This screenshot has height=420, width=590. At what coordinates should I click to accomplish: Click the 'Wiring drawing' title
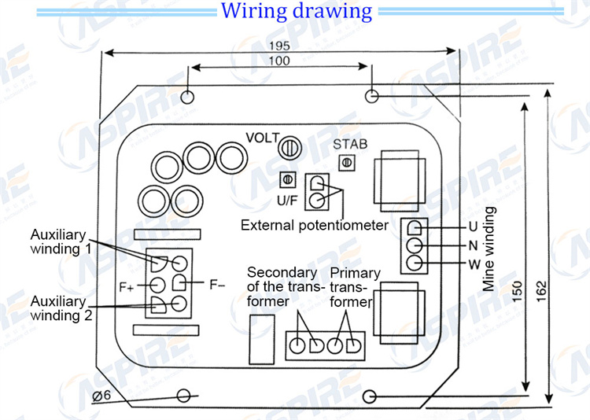297,11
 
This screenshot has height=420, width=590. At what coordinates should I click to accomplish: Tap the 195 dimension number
279,46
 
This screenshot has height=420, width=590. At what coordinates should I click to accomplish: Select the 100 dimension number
279,61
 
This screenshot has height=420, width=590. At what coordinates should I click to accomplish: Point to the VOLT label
263,138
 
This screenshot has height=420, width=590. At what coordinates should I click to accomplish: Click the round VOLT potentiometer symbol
289,148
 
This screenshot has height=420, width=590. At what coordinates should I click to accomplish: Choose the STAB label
350,144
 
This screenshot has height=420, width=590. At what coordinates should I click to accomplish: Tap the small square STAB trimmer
347,163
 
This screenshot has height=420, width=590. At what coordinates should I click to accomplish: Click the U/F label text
287,201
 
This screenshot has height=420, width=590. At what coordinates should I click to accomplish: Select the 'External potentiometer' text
315,226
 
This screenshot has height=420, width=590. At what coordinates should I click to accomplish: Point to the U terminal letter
473,227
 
